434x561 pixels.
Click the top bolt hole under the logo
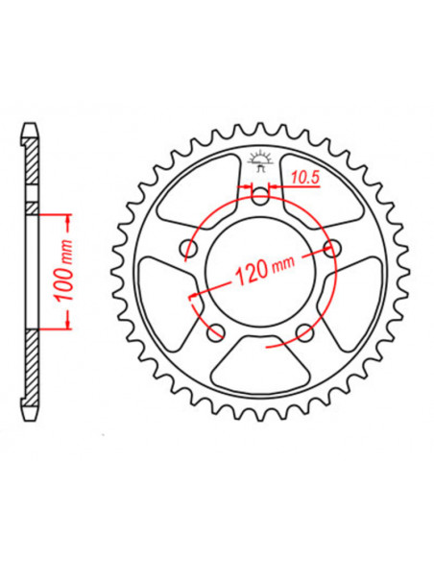pyautogui.click(x=259, y=197)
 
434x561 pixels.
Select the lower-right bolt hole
pyautogui.click(x=305, y=332)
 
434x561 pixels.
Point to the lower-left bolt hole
pyautogui.click(x=214, y=332)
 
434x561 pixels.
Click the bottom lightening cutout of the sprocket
pyautogui.click(x=259, y=365)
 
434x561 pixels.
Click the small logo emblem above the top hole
pyautogui.click(x=259, y=159)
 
